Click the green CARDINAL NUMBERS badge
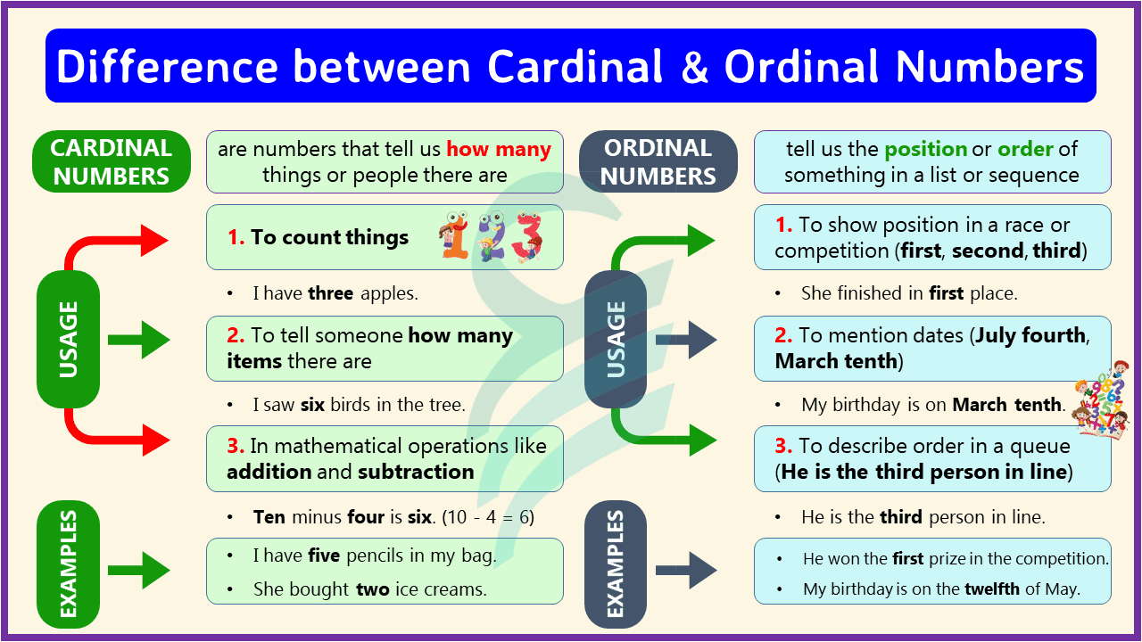[x=112, y=161]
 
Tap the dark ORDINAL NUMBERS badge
[x=658, y=161]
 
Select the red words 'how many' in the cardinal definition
[x=499, y=149]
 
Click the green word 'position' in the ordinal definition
[x=926, y=149]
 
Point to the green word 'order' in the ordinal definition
[x=1025, y=149]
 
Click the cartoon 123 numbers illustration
[x=492, y=237]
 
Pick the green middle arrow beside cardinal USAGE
[x=139, y=340]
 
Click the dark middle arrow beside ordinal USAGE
[x=686, y=340]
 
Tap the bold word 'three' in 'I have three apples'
[x=331, y=292]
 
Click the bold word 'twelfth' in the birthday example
[x=991, y=588]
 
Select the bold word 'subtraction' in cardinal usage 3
[x=416, y=472]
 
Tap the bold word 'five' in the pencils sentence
[x=324, y=556]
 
